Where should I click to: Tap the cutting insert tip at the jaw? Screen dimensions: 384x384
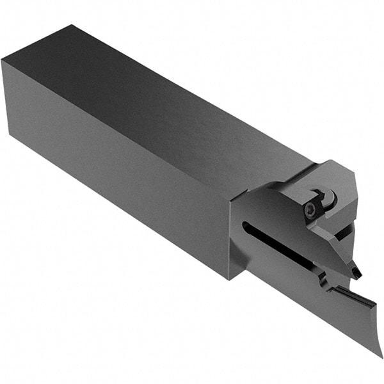(x=356, y=273)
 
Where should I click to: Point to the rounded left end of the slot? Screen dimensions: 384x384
(x=245, y=225)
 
